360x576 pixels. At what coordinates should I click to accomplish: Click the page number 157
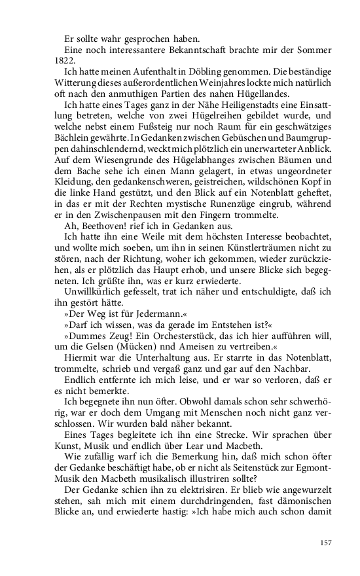click(x=326, y=543)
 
